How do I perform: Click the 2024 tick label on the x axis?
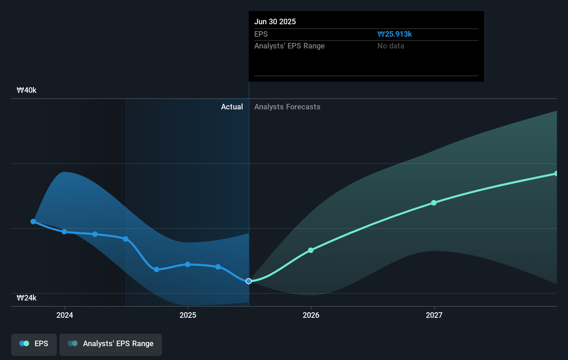[x=65, y=315]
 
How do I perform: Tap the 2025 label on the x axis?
[x=188, y=315]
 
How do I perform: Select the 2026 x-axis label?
[x=311, y=315]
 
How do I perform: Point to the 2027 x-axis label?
[x=434, y=315]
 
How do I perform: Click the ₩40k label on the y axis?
[x=27, y=90]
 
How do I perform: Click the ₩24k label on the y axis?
[x=27, y=298]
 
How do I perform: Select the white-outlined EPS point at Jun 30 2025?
[x=249, y=281]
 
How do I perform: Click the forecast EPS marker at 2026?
[x=311, y=250]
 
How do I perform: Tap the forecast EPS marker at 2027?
[x=434, y=203]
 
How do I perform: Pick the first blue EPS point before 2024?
[x=33, y=222]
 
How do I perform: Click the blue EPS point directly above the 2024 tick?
[x=64, y=232]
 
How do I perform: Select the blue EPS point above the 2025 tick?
[x=187, y=264]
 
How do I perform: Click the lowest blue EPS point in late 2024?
[x=157, y=269]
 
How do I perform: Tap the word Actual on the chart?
[x=232, y=107]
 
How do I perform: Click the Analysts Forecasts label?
[x=287, y=107]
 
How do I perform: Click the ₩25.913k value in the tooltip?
[x=394, y=34]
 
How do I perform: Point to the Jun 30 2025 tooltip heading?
[x=275, y=21]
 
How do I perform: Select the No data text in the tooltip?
[x=391, y=46]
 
